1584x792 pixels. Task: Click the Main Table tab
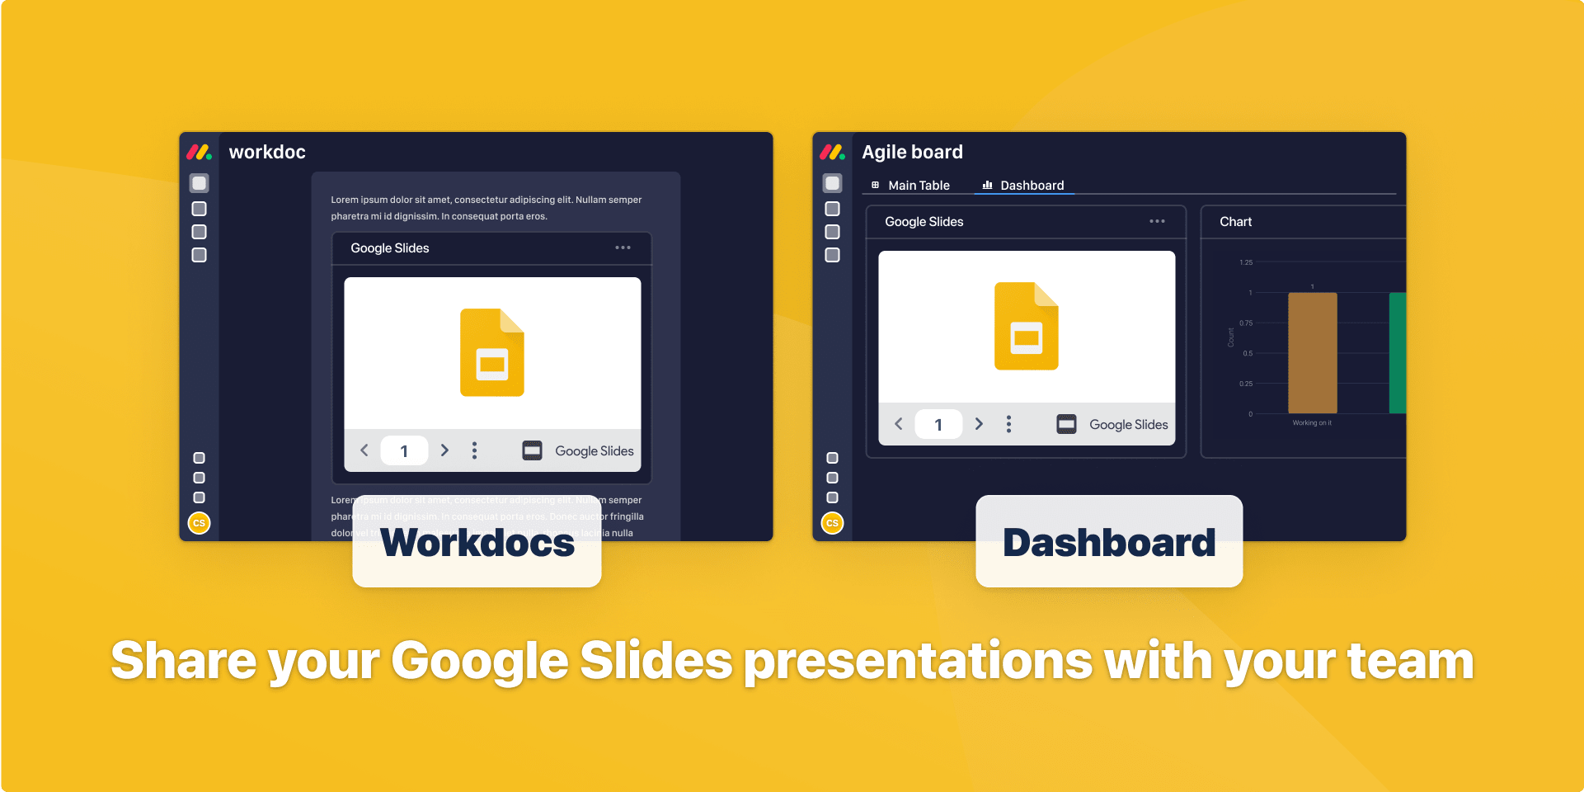coord(911,186)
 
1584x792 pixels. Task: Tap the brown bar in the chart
coord(1312,353)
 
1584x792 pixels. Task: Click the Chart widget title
coord(1235,222)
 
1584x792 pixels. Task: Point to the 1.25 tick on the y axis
coord(1246,262)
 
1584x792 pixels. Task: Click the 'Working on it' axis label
coord(1312,423)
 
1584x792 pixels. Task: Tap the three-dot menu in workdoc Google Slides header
coord(623,247)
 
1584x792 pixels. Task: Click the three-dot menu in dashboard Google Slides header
coord(1157,221)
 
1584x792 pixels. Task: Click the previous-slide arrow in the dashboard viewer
coord(899,424)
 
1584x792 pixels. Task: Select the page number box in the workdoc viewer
coord(404,451)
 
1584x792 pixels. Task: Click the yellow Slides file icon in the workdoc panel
coord(492,352)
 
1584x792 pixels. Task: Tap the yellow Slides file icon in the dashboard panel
coord(1027,326)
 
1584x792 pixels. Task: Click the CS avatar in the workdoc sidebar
coord(199,523)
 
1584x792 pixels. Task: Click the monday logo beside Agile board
coord(832,152)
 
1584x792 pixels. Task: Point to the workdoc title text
coord(267,153)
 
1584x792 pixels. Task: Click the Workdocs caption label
coord(477,543)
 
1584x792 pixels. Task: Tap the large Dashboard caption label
coord(1109,543)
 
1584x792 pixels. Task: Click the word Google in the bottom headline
coord(479,662)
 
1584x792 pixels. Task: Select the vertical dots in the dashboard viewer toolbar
coord(1008,424)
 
